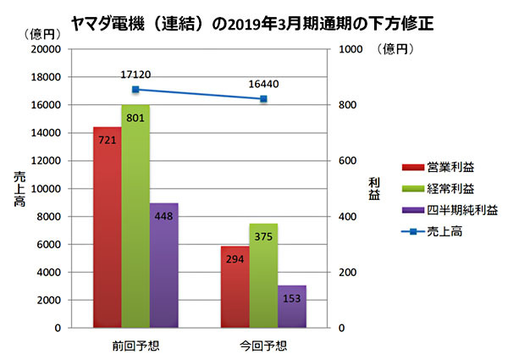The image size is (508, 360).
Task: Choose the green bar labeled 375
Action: [x=263, y=275]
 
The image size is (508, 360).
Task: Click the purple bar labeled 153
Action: [x=291, y=306]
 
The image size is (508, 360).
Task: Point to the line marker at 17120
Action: [x=135, y=89]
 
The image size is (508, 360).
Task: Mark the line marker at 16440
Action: [x=263, y=99]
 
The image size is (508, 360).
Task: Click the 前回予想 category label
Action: [x=135, y=344]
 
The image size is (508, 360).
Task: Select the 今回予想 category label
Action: [x=263, y=344]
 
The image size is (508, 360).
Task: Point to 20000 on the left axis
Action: [x=45, y=49]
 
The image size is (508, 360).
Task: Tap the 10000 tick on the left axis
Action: [x=45, y=189]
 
